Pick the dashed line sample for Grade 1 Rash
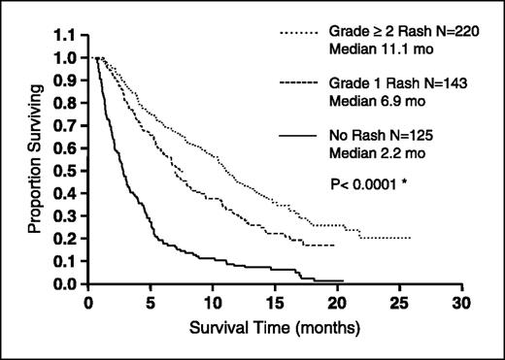point(304,85)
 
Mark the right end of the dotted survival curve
point(411,238)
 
